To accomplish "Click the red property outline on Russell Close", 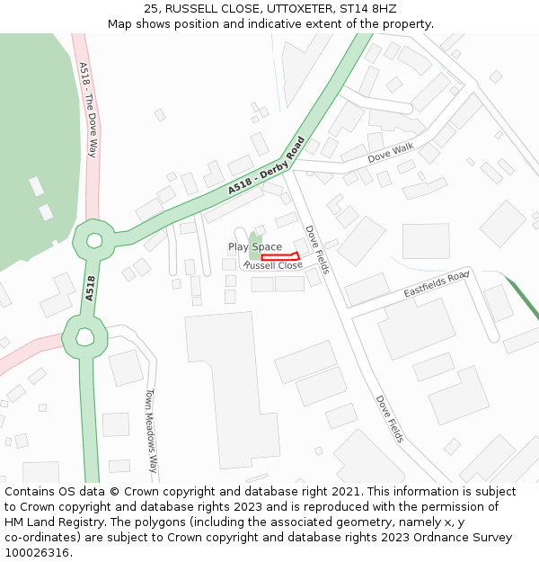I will coord(279,257).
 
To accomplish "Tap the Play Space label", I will coord(254,246).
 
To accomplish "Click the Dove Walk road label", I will coord(391,153).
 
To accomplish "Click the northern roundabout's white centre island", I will coord(93,240).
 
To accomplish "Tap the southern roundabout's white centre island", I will coord(85,336).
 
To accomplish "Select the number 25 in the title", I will coord(150,8).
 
